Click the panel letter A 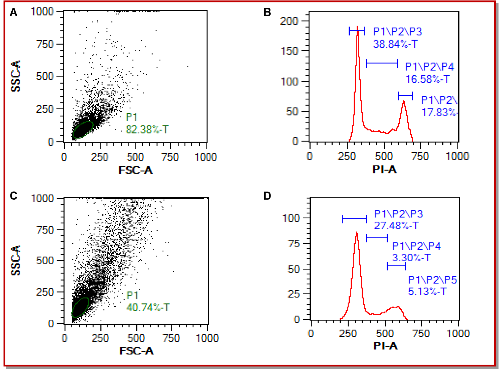14,13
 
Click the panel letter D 267,196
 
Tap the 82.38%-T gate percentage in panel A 147,130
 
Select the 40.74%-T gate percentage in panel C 148,307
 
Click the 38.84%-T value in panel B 395,44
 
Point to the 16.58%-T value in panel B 427,79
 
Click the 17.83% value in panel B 439,112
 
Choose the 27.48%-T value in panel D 396,226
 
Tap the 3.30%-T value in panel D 411,258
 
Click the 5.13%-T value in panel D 427,291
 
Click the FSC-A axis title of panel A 135,170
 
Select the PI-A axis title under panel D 385,346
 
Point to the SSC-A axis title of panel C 16,260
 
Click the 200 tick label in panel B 289,21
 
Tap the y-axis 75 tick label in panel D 293,244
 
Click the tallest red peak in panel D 356,233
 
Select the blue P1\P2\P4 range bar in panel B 382,63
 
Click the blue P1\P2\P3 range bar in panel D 354,219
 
